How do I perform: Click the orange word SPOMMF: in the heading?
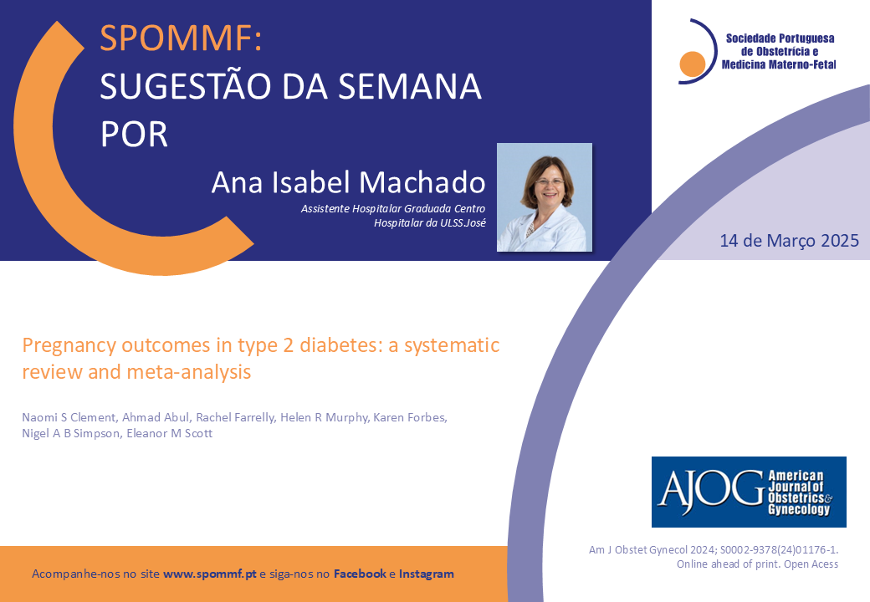click(181, 38)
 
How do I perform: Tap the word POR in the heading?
click(134, 134)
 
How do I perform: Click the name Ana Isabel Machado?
click(349, 182)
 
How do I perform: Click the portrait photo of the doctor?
click(545, 197)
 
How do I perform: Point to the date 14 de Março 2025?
click(789, 241)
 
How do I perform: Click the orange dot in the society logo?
click(692, 64)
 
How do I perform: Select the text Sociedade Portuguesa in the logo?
click(780, 38)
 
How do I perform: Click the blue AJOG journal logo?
click(749, 492)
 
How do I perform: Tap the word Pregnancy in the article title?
click(69, 346)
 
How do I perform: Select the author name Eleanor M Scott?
click(169, 433)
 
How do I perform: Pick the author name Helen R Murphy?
click(324, 417)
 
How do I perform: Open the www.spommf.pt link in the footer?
click(210, 574)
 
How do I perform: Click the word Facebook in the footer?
click(360, 574)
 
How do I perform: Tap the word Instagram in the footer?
click(426, 574)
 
